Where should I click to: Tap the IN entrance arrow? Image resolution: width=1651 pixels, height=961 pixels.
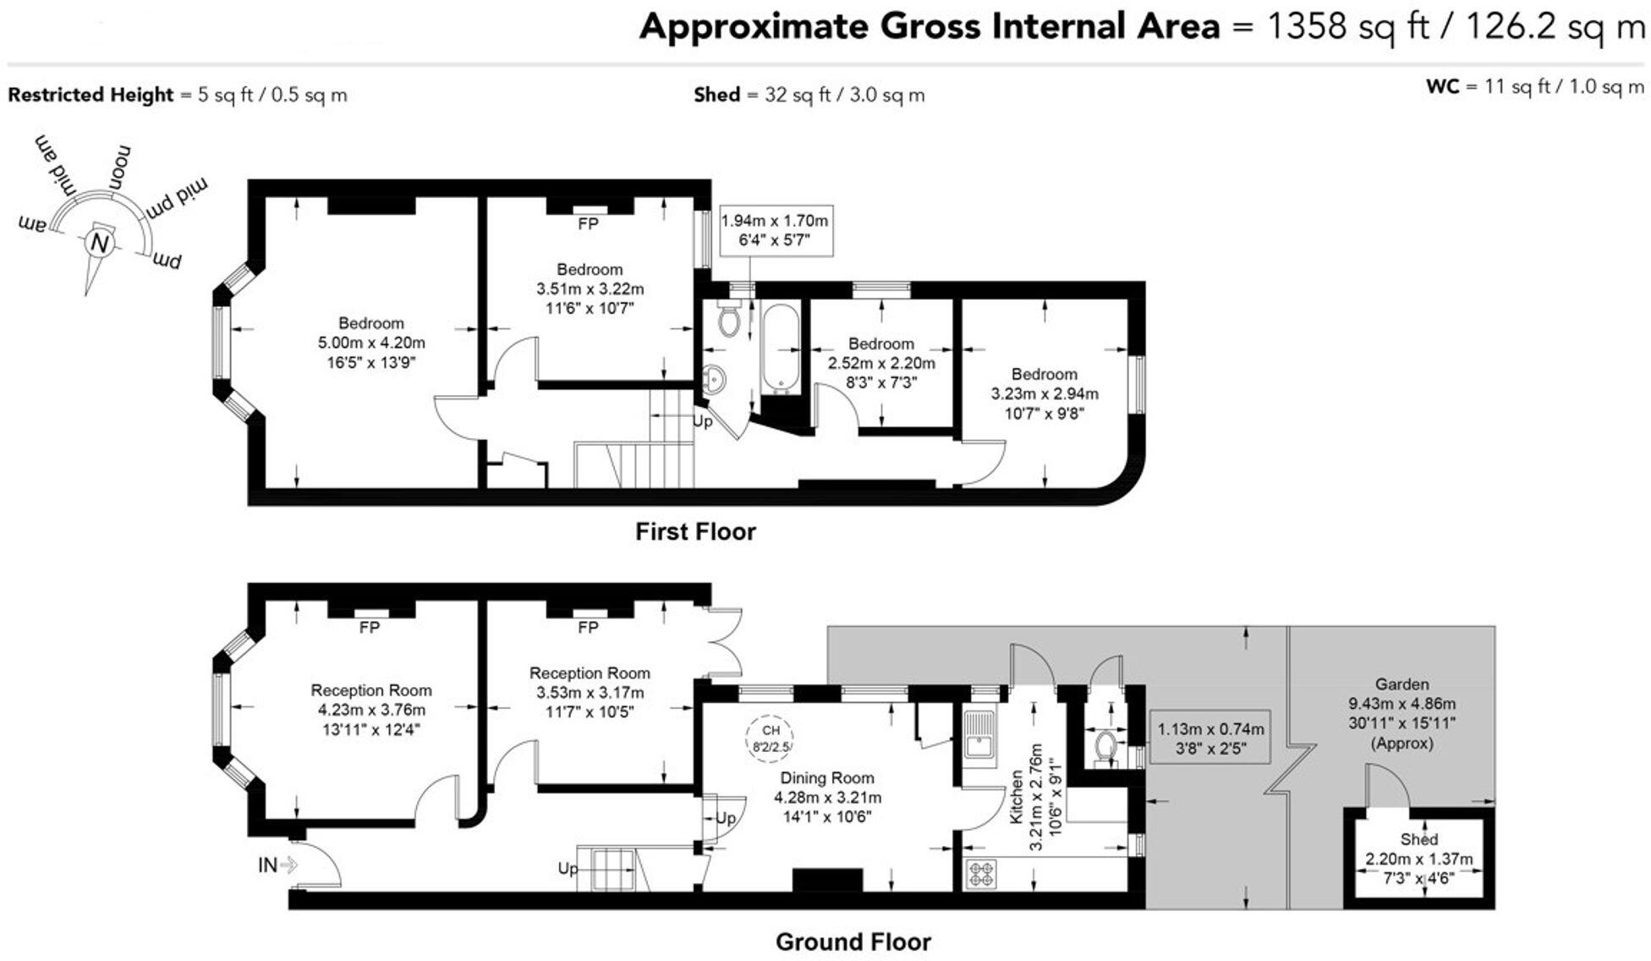point(288,865)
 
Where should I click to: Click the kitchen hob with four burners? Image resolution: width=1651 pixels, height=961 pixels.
point(981,874)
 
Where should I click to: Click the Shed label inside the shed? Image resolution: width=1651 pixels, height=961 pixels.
point(1418,839)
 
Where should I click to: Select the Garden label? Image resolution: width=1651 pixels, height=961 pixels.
point(1401,684)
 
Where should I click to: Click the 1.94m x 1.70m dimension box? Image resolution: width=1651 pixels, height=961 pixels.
point(775,230)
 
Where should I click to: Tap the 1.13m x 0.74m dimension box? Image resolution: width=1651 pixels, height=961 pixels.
point(1211,738)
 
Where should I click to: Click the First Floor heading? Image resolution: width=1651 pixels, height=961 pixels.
point(695,532)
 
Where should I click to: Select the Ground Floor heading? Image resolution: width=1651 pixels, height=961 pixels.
point(853,942)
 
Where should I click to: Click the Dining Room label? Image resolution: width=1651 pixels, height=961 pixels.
point(826,778)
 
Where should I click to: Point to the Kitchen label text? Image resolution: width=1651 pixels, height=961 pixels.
point(1016,797)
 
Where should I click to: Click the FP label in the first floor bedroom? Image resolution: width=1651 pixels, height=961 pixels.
point(588,224)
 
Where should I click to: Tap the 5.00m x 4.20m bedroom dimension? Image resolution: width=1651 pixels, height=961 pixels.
point(371,343)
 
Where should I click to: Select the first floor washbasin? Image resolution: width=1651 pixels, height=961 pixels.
point(715,380)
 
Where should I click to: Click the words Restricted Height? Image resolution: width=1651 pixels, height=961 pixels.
point(91,95)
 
